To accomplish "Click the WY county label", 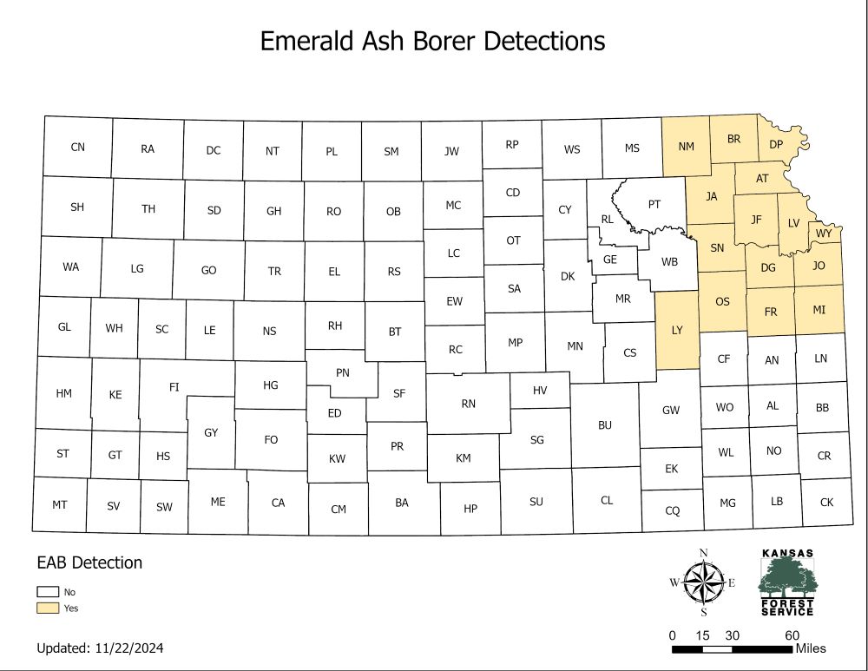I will coord(824,234).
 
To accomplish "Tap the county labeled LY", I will coord(678,330).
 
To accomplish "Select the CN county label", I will coord(78,147).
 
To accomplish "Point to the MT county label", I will coord(60,504).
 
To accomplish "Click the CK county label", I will coord(826,502).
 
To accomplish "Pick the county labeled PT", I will coord(654,205).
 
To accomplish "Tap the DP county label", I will coord(776,144).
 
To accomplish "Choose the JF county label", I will coord(756,220).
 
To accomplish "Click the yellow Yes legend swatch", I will coord(48,608).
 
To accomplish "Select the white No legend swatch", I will coord(48,592).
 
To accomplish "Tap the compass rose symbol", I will coord(704,582).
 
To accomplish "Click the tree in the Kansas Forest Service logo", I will coord(786,576).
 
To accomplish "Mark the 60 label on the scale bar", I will coord(793,635).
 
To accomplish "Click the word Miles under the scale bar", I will coord(810,648).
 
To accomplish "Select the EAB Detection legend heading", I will coord(89,562).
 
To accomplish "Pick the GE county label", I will coord(610,259).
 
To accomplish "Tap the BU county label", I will coord(605,425).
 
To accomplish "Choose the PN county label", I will coord(343,372).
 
